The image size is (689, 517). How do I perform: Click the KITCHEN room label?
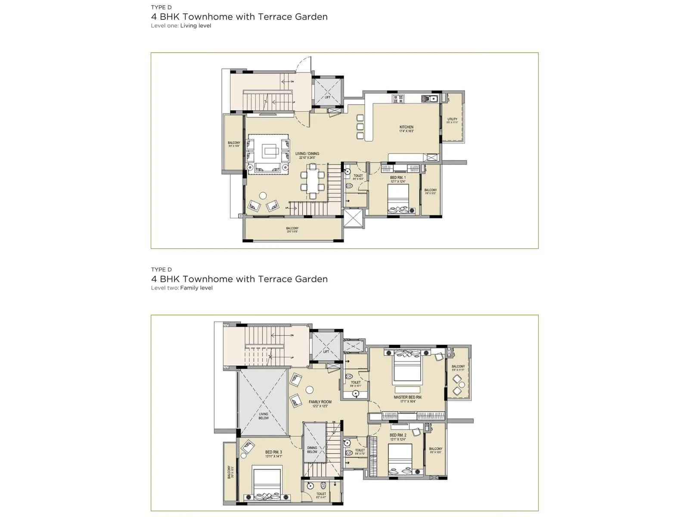coord(406,128)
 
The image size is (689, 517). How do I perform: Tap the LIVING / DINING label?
coord(307,154)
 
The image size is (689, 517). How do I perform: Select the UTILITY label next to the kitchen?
coord(452,119)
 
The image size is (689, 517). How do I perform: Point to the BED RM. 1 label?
coord(397,178)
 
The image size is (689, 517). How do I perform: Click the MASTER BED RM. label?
coord(407,397)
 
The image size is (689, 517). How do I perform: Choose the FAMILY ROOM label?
coord(320,402)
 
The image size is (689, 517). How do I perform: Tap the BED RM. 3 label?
coord(273,452)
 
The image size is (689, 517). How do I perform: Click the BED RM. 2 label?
coord(397,435)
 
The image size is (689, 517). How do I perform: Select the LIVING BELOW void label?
coord(264,416)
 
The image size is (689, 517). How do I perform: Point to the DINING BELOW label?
coord(312,450)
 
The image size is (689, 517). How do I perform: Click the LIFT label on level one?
coord(327,97)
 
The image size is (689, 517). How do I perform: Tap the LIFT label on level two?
coord(326,352)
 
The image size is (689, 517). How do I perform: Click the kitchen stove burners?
coord(397,99)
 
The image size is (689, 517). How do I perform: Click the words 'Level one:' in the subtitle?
coord(164,26)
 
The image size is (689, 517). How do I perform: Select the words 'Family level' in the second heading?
coord(196,288)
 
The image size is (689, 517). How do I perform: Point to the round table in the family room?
coord(309,390)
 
